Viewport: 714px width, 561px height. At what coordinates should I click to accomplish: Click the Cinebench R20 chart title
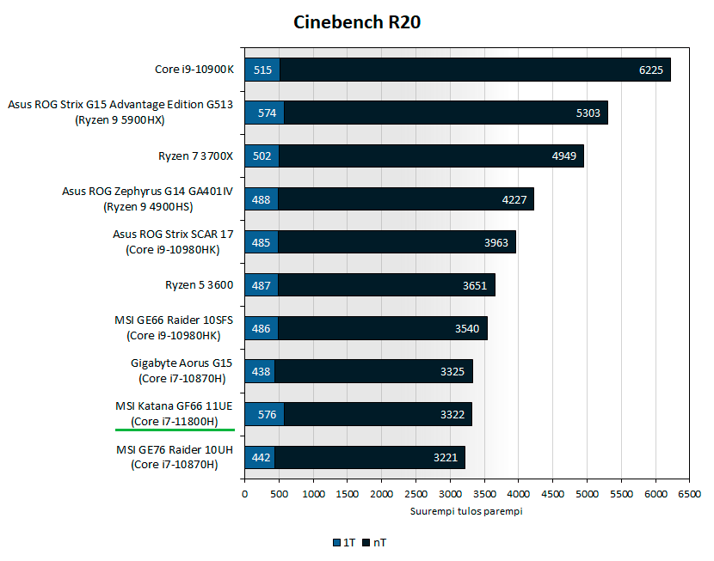coord(357,22)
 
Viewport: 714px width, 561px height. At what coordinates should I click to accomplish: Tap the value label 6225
coord(650,70)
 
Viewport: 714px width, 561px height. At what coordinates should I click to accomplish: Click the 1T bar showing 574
coord(263,113)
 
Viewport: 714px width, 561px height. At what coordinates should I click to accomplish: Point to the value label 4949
coord(564,156)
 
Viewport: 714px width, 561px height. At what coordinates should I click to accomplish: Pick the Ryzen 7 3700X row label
coord(196,155)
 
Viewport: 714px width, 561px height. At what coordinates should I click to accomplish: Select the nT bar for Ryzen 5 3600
coord(387,285)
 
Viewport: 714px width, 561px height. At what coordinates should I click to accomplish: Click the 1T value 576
coord(263,415)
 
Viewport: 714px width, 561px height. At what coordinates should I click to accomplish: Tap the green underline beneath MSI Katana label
coord(175,429)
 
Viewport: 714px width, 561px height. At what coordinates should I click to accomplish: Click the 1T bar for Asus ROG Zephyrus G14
coord(262,199)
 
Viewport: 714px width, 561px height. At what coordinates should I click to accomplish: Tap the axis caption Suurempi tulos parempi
coord(466,512)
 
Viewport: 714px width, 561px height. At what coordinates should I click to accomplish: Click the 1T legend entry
coord(343,543)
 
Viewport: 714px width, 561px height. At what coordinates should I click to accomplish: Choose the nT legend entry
coord(376,543)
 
